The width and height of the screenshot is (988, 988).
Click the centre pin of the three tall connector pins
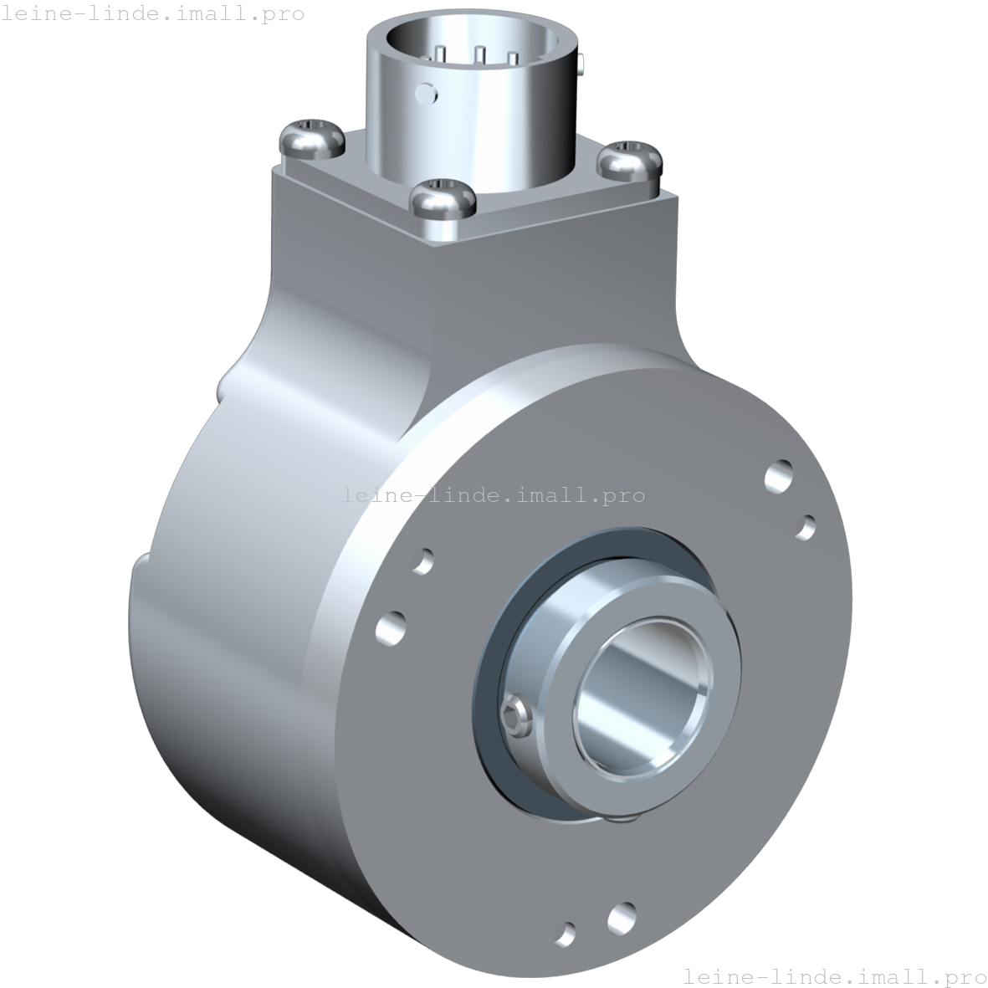479,55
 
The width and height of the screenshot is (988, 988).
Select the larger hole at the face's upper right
780,476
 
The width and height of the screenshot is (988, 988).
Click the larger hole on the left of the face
391,627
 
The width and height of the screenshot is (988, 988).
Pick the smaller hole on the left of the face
423,561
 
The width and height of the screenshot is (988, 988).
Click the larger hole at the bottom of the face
622,918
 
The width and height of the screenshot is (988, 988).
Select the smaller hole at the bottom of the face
566,933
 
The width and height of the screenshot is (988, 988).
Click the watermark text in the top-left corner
152,13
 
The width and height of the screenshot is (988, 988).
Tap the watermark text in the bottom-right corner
834,975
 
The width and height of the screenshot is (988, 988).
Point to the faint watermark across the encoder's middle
494,494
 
